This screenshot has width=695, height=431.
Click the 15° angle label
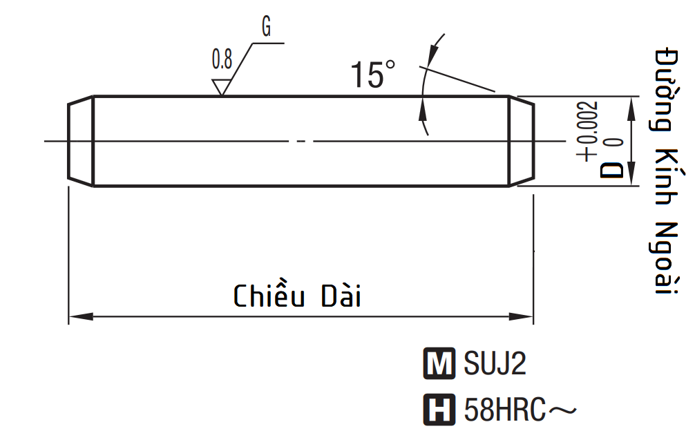[x=373, y=75]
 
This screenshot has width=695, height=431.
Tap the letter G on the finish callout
[x=266, y=28]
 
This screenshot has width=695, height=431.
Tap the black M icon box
[x=439, y=364]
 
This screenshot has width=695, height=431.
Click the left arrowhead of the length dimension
[x=79, y=317]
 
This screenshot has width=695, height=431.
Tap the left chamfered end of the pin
[x=80, y=141]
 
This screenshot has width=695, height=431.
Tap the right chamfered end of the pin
[x=522, y=141]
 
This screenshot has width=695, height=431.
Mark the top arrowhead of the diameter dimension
[x=630, y=104]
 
